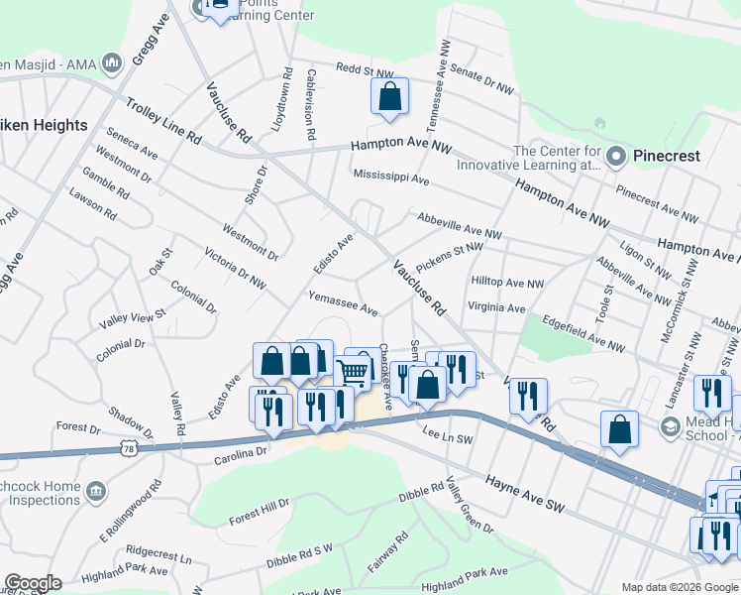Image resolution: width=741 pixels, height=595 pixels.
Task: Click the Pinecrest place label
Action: pyautogui.click(x=669, y=156)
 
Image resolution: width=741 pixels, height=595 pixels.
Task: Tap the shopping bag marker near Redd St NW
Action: pyautogui.click(x=389, y=97)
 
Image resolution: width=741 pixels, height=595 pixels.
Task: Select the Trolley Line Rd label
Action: pyautogui.click(x=163, y=122)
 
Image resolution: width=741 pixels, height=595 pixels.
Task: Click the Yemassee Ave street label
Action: pyautogui.click(x=343, y=304)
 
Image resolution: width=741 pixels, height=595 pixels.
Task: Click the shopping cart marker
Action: pyautogui.click(x=353, y=372)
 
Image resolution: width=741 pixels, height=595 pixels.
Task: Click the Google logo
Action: pyautogui.click(x=32, y=583)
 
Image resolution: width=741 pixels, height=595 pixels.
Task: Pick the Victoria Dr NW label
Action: pyautogui.click(x=235, y=268)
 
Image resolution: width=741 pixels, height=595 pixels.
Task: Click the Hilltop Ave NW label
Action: pyautogui.click(x=508, y=283)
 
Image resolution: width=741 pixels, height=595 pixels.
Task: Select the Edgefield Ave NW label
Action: pyautogui.click(x=583, y=334)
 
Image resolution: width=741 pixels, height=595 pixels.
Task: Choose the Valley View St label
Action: pyautogui.click(x=133, y=319)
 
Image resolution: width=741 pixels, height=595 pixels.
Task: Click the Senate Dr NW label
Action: pyautogui.click(x=481, y=80)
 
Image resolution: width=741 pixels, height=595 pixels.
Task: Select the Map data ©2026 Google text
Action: pyautogui.click(x=679, y=587)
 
